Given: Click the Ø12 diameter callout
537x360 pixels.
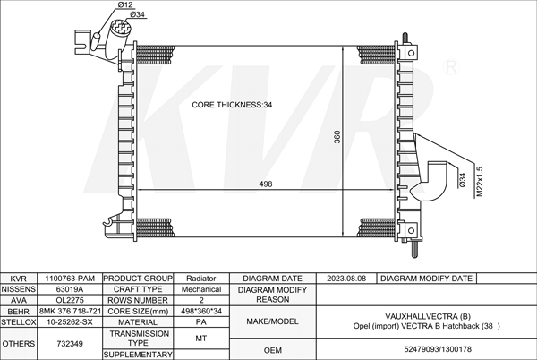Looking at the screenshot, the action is pos(125,4).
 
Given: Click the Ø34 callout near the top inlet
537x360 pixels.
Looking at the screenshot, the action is pos(137,14).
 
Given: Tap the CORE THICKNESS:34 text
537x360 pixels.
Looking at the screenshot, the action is pos(232,105).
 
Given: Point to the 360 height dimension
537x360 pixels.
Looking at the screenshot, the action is pos(337,137).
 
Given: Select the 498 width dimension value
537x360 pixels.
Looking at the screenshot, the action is pos(266,184).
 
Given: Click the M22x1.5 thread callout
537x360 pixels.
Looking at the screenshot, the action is pos(480,182).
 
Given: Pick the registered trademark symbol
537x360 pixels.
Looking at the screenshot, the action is pos(451,67).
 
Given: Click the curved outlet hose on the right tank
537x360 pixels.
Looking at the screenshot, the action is pos(430,182).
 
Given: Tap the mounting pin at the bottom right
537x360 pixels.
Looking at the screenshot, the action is pos(414,248).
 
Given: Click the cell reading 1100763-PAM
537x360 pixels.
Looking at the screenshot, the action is pos(70,279).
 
